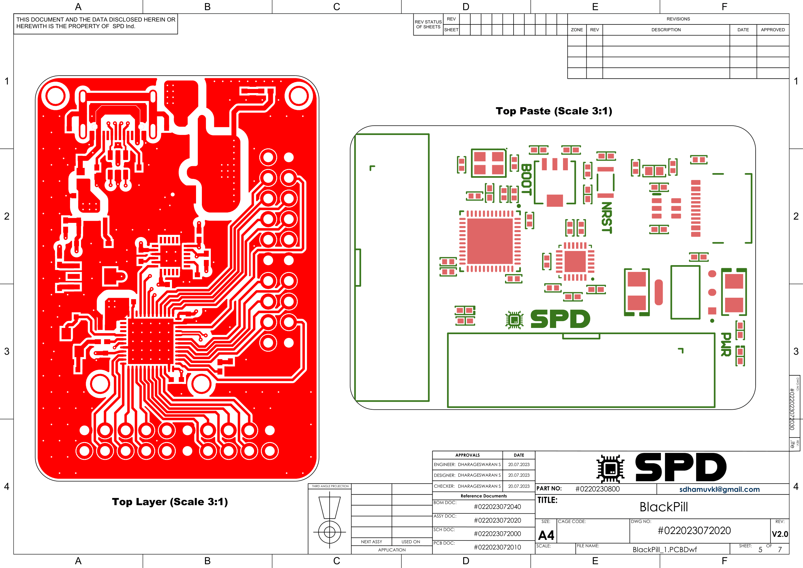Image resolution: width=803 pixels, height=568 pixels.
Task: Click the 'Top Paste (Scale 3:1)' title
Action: [554, 111]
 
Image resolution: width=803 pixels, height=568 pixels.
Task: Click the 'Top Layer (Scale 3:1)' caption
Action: [170, 502]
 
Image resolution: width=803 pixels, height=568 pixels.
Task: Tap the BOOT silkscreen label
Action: [526, 179]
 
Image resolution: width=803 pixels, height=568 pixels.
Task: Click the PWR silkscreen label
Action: [726, 344]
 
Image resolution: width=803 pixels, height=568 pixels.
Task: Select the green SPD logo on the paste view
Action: [560, 319]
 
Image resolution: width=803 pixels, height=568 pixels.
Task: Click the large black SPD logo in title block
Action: [680, 467]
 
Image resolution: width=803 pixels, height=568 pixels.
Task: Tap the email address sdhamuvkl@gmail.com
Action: [720, 489]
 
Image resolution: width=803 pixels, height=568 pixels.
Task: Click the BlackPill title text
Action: [664, 507]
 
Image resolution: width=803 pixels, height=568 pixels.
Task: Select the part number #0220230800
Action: [597, 489]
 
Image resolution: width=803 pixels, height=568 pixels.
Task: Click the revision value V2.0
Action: [780, 534]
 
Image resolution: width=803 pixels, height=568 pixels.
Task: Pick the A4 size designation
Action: [546, 535]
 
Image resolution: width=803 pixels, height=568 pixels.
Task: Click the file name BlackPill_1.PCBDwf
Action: [665, 549]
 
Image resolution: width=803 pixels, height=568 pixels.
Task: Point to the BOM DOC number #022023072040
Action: [497, 507]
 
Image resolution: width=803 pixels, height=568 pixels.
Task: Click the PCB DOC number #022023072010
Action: [497, 547]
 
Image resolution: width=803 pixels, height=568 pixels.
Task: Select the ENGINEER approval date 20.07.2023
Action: [519, 465]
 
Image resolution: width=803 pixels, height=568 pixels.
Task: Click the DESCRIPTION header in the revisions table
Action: [666, 30]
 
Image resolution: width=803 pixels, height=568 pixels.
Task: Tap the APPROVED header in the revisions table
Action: [772, 30]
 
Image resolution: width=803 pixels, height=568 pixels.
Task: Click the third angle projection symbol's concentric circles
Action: [330, 532]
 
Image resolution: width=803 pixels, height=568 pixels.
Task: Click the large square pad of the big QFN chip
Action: [490, 241]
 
